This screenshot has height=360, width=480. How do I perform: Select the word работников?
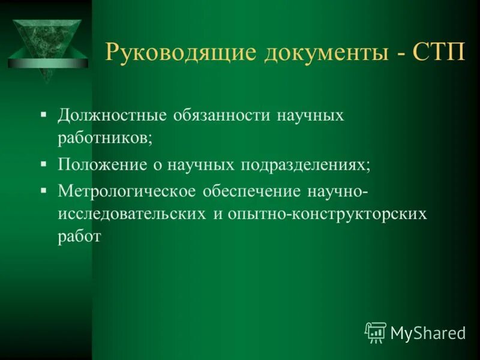(x=105, y=139)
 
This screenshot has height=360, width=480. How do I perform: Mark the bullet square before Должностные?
(x=44, y=112)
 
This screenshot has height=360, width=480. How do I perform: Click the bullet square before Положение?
(x=44, y=163)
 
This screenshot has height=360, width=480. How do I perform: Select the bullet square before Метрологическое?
(x=44, y=189)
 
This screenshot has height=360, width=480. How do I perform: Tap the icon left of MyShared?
(x=375, y=332)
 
